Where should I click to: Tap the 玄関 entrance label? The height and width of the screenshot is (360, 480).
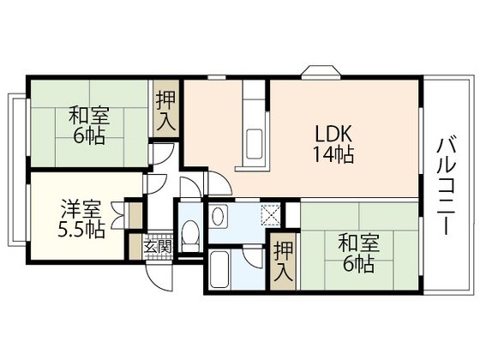point(157,246)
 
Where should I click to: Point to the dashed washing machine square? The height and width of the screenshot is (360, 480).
point(271,215)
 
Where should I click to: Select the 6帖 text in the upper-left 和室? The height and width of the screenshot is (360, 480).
point(88,136)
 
